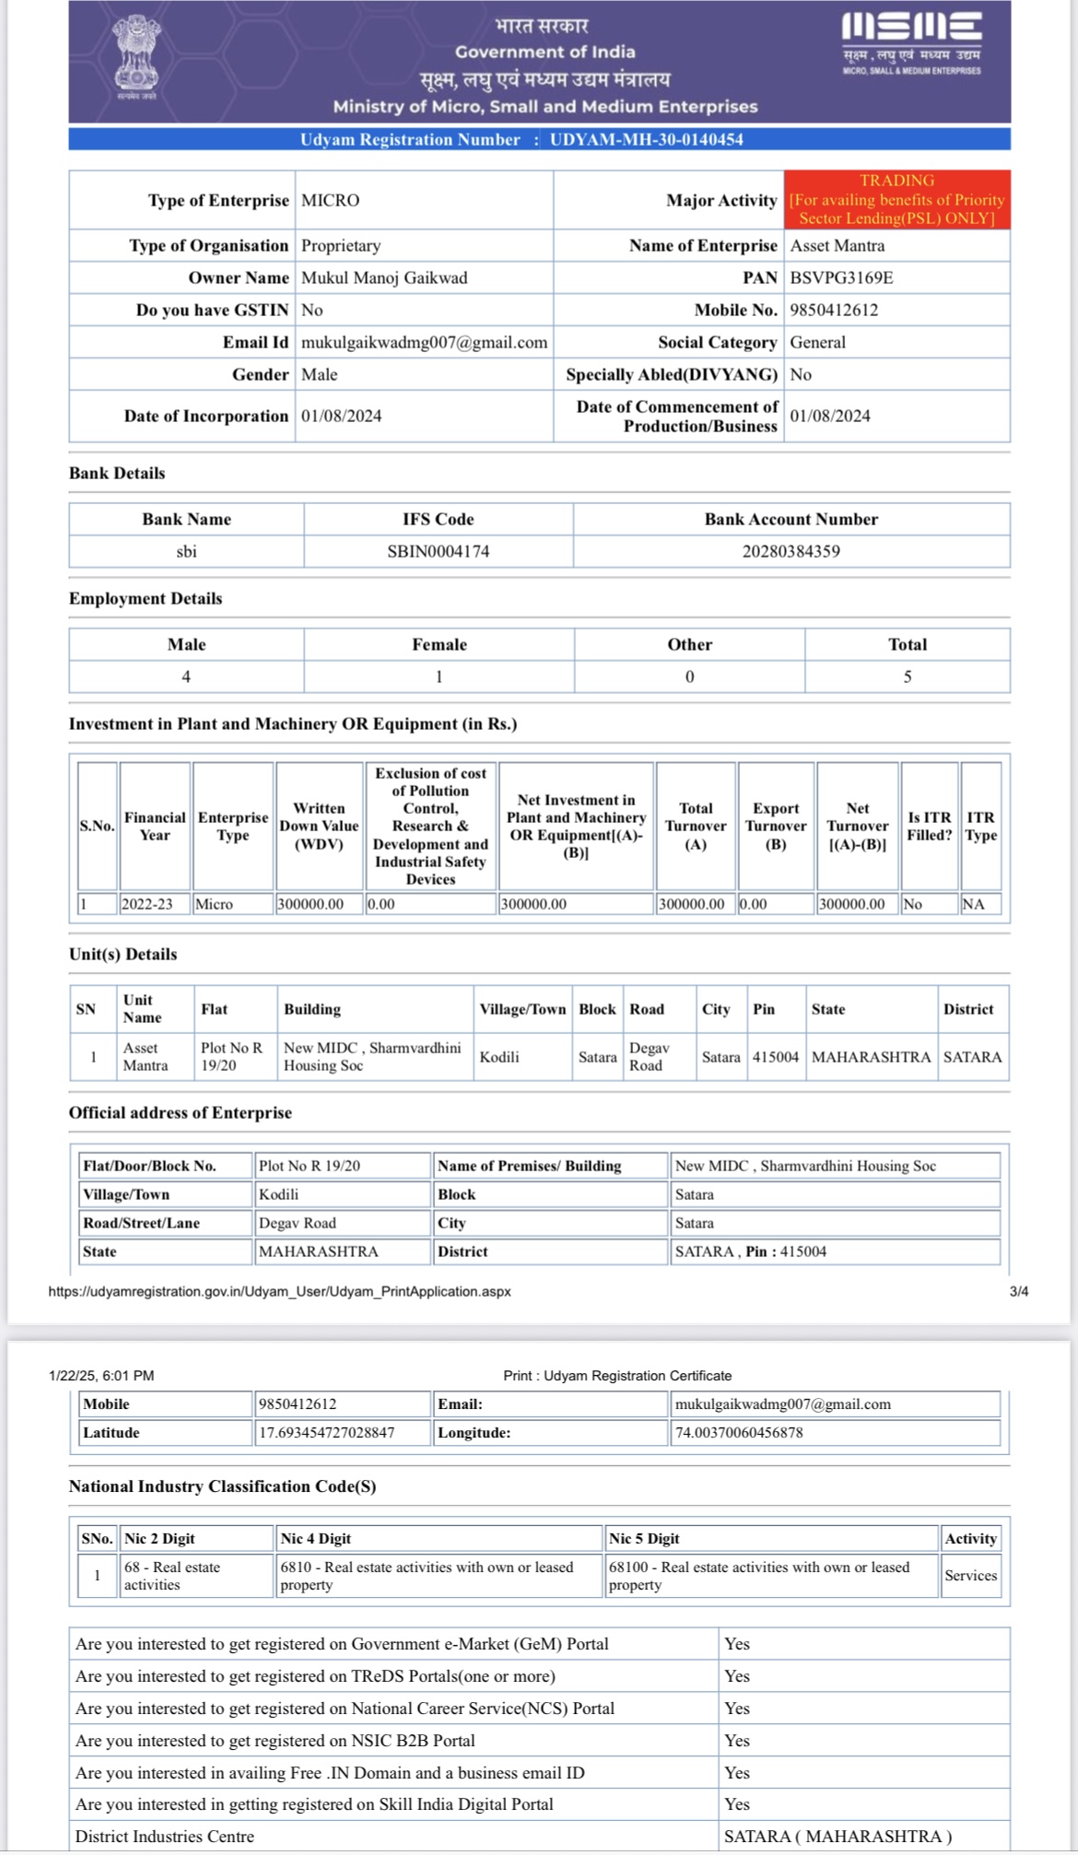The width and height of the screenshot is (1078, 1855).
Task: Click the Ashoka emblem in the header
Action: pyautogui.click(x=135, y=57)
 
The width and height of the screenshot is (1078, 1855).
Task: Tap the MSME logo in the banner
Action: pyautogui.click(x=911, y=42)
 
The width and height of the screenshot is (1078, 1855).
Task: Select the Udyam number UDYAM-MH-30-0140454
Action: pyautogui.click(x=646, y=139)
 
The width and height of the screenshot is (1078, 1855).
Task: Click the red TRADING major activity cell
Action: pyautogui.click(x=896, y=199)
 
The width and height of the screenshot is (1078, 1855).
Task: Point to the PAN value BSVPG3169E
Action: pyautogui.click(x=841, y=277)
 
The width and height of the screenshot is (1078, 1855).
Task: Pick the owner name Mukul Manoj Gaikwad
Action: pyautogui.click(x=384, y=277)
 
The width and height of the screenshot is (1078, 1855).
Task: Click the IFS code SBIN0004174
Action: pyautogui.click(x=439, y=551)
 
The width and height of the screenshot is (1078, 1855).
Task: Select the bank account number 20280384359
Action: pyautogui.click(x=791, y=551)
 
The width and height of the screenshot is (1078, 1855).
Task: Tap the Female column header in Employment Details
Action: pyautogui.click(x=439, y=644)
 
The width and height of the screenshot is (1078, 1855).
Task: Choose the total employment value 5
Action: pyautogui.click(x=907, y=676)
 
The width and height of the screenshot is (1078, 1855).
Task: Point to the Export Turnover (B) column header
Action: pyautogui.click(x=776, y=826)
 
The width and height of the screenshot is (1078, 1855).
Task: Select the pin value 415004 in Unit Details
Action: pyautogui.click(x=775, y=1057)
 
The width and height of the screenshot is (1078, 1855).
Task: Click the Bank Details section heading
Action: pyautogui.click(x=117, y=473)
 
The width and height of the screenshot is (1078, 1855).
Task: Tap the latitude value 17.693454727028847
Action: pyautogui.click(x=326, y=1432)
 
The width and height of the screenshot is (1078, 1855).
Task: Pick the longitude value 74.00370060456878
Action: pyautogui.click(x=739, y=1432)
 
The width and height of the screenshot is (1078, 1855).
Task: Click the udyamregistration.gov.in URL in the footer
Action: pyautogui.click(x=279, y=1291)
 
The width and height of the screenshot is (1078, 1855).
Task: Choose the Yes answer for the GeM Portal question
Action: pyautogui.click(x=737, y=1644)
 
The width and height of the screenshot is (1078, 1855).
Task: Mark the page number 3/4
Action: pyautogui.click(x=1018, y=1291)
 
